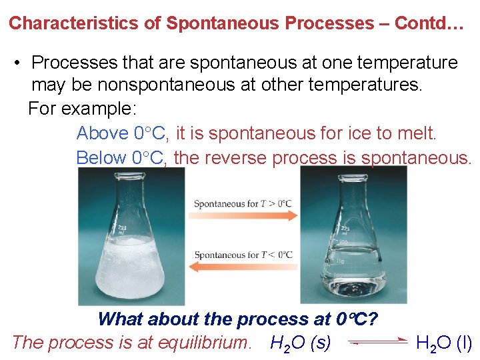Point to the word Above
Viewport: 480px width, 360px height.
103,133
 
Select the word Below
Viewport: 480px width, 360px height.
101,158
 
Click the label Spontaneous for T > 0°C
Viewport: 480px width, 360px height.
243,203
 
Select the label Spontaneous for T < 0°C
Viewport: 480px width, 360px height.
243,255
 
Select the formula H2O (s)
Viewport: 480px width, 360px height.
301,343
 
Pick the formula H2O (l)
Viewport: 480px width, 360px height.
443,343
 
